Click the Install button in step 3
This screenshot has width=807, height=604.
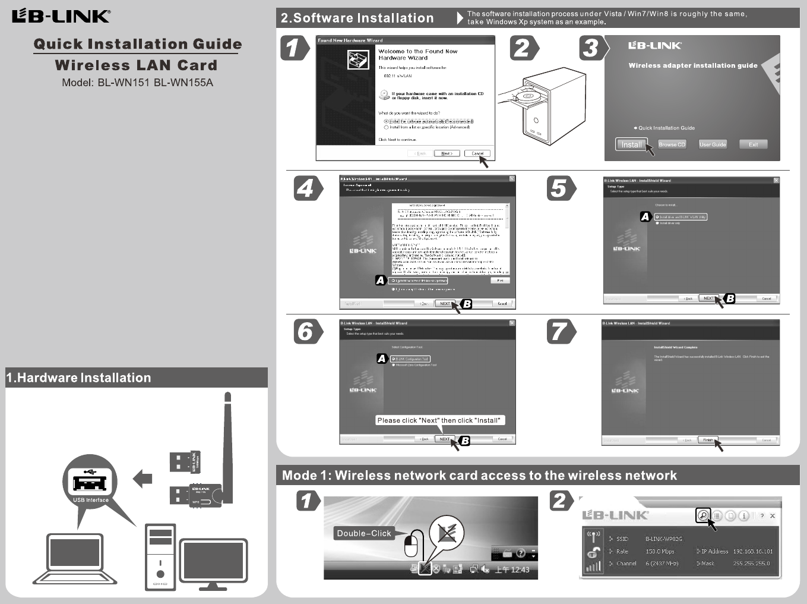631,144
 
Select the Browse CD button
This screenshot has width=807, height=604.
672,144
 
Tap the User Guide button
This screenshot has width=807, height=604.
713,144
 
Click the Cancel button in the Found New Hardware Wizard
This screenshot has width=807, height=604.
477,153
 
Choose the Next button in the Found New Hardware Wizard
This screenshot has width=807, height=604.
447,153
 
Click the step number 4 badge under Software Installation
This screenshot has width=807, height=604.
306,188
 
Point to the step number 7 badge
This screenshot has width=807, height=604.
559,332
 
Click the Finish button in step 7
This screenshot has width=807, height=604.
708,440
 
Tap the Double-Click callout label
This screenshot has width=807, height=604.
364,533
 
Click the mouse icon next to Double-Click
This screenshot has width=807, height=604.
413,544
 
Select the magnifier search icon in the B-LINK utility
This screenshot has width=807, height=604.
703,515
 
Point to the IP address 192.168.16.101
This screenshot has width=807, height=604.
752,551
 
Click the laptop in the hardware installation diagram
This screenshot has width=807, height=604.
75,559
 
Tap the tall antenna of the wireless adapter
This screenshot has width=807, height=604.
227,440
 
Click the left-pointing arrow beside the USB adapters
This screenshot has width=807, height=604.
143,478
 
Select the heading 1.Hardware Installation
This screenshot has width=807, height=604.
78,378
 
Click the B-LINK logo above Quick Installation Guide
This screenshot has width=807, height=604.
61,16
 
